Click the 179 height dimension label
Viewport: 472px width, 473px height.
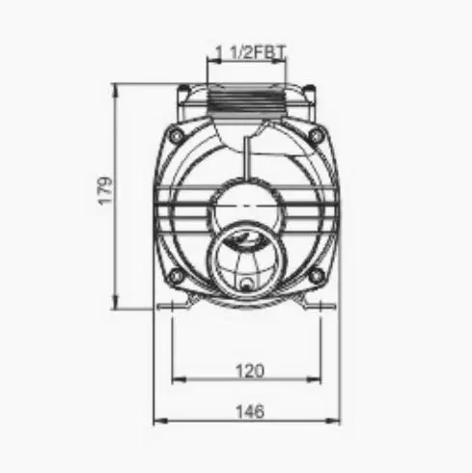(106, 189)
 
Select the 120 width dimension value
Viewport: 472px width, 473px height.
(248, 370)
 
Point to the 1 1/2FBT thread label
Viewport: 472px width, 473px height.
(247, 50)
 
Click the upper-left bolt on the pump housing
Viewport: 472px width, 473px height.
(175, 136)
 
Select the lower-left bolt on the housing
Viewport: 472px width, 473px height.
(177, 276)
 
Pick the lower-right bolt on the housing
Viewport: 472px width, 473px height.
(316, 276)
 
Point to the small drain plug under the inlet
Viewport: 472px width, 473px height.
(247, 285)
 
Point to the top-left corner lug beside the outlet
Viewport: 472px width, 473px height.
(183, 93)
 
